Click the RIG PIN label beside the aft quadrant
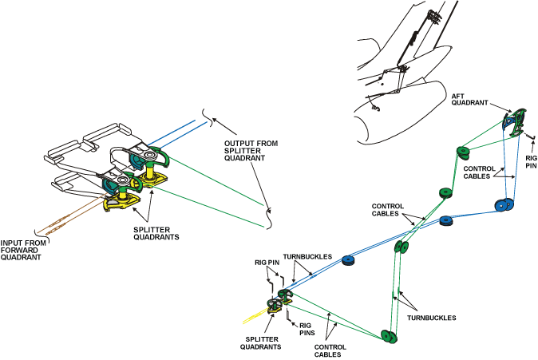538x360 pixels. pyautogui.click(x=531, y=163)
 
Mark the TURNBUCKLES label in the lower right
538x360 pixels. pyautogui.click(x=433, y=318)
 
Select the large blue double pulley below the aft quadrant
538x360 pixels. pyautogui.click(x=503, y=205)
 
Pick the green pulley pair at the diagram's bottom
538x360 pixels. pyautogui.click(x=390, y=335)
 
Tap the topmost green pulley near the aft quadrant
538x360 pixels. pyautogui.click(x=461, y=151)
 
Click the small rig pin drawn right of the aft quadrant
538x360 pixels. pyautogui.click(x=529, y=138)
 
